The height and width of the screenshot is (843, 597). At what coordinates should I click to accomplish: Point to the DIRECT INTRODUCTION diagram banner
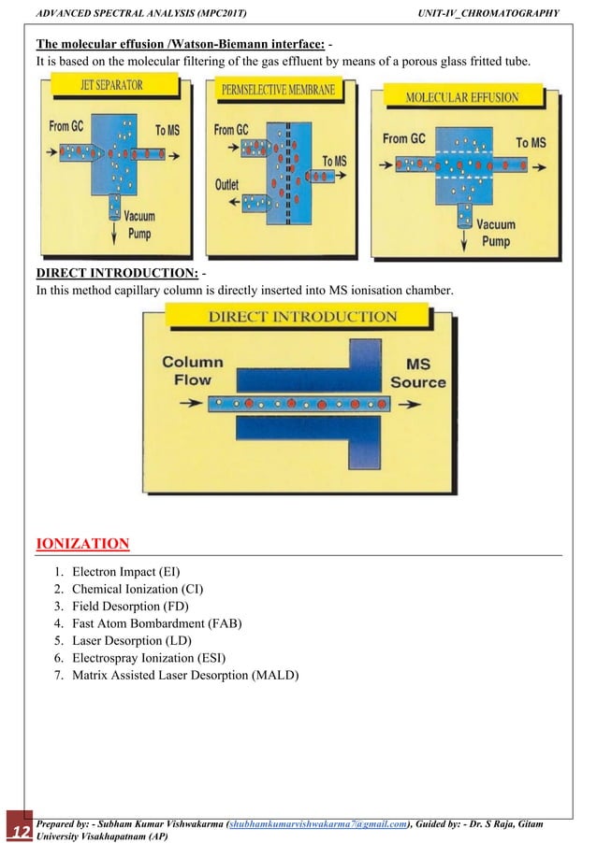coord(302,317)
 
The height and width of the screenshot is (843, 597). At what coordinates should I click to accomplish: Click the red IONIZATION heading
coord(82,543)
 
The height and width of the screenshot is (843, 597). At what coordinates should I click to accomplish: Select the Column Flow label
coord(193,371)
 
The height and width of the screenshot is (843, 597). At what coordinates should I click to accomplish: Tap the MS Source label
coord(417,373)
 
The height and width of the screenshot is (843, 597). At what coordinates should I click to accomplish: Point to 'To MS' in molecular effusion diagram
coord(531,142)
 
